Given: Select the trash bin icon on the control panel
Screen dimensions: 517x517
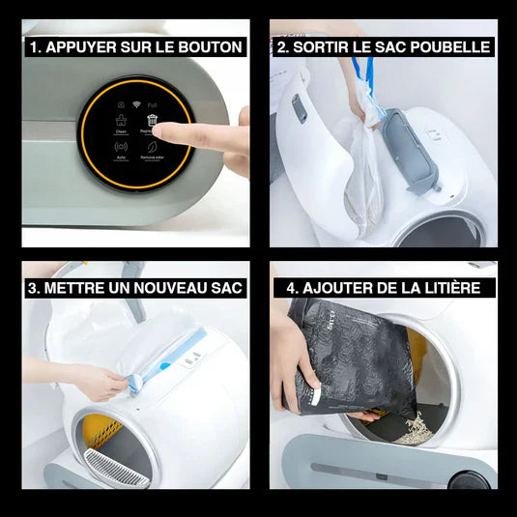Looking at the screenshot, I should tap(153, 119).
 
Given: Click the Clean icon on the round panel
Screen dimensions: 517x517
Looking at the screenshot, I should tap(121, 120).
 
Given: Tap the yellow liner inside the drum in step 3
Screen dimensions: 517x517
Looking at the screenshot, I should tap(101, 431).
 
